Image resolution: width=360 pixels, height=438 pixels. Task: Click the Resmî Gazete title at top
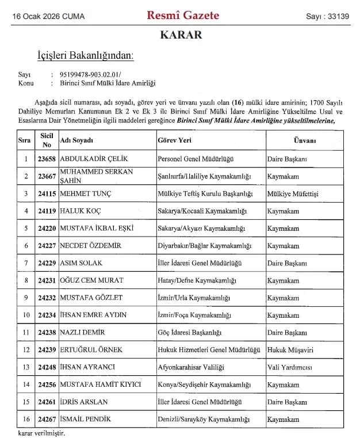click(x=183, y=16)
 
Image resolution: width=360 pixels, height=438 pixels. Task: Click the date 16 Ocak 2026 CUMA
click(x=48, y=17)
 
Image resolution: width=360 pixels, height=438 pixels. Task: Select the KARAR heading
click(x=181, y=36)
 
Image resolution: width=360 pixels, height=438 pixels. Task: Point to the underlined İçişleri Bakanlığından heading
click(x=85, y=56)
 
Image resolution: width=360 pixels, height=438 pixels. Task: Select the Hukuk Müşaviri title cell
click(x=290, y=350)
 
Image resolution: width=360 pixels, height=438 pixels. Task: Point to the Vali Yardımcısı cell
click(x=291, y=367)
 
